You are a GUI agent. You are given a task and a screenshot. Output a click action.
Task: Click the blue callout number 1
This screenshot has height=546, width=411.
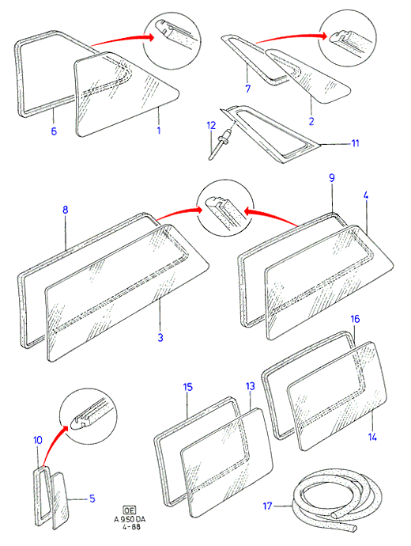[x=159, y=131]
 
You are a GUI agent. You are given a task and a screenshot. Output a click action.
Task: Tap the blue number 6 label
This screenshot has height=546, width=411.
[x=54, y=131]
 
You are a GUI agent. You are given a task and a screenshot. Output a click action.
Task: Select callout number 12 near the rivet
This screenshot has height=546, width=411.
[x=211, y=125]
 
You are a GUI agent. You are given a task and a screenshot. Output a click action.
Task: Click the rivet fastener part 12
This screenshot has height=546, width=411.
[x=219, y=144]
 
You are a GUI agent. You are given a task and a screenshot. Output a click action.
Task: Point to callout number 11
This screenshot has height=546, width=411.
[x=355, y=143]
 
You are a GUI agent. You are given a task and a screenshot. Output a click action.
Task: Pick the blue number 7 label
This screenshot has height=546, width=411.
[x=247, y=89]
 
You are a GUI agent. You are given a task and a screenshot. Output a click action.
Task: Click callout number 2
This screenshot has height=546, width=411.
[x=311, y=121]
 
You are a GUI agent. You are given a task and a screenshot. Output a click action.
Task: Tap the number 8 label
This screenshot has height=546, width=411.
[x=66, y=210]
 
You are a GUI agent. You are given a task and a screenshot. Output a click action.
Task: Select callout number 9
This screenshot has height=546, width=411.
[x=332, y=178]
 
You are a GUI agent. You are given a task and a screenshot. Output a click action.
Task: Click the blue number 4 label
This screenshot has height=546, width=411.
[x=365, y=195]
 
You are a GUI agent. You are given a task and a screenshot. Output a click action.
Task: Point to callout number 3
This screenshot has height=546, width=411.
[x=160, y=337]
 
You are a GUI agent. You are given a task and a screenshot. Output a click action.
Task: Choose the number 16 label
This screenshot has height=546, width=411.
[x=355, y=319]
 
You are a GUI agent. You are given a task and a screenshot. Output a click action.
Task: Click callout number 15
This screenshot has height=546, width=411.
[x=188, y=387]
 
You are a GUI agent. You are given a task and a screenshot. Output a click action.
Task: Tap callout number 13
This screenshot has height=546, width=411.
[x=251, y=386]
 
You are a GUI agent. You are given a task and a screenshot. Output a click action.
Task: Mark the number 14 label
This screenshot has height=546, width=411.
[x=372, y=437]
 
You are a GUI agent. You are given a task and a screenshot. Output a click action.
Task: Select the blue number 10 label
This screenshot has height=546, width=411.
[x=38, y=440]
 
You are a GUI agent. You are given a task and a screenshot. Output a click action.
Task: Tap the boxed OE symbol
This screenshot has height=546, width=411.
[x=130, y=510]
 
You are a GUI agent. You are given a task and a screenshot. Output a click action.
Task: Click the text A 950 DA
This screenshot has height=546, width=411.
[x=130, y=519]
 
